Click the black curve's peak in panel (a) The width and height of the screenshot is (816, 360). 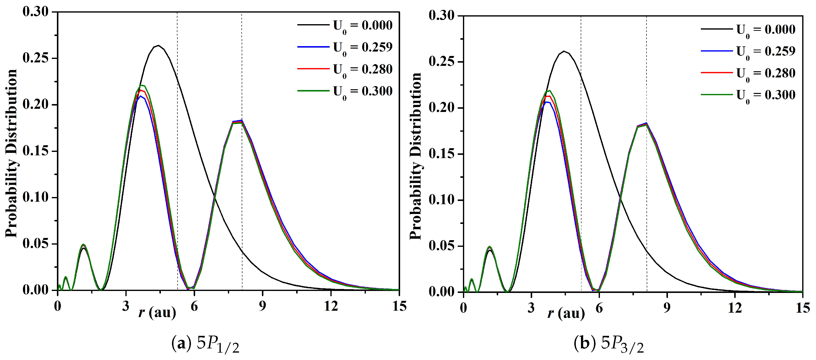pyautogui.click(x=158, y=45)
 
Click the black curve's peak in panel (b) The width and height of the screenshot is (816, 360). pyautogui.click(x=564, y=51)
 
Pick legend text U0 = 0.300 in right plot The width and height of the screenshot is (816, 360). pyautogui.click(x=765, y=95)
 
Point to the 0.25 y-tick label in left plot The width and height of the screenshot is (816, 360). pyautogui.click(x=35, y=58)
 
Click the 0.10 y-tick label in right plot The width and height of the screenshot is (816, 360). pyautogui.click(x=441, y=200)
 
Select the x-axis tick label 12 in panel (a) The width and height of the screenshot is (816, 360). pyautogui.click(x=331, y=306)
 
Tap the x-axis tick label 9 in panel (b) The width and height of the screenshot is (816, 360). pyautogui.click(x=667, y=308)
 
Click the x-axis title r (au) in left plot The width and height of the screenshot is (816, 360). pyautogui.click(x=157, y=313)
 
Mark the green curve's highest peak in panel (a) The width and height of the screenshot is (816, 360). pyautogui.click(x=142, y=85)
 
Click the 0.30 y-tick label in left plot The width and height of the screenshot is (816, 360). pyautogui.click(x=35, y=12)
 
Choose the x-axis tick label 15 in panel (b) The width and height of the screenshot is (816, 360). pyautogui.click(x=803, y=308)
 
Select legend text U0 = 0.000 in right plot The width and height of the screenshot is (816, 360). pyautogui.click(x=765, y=30)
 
